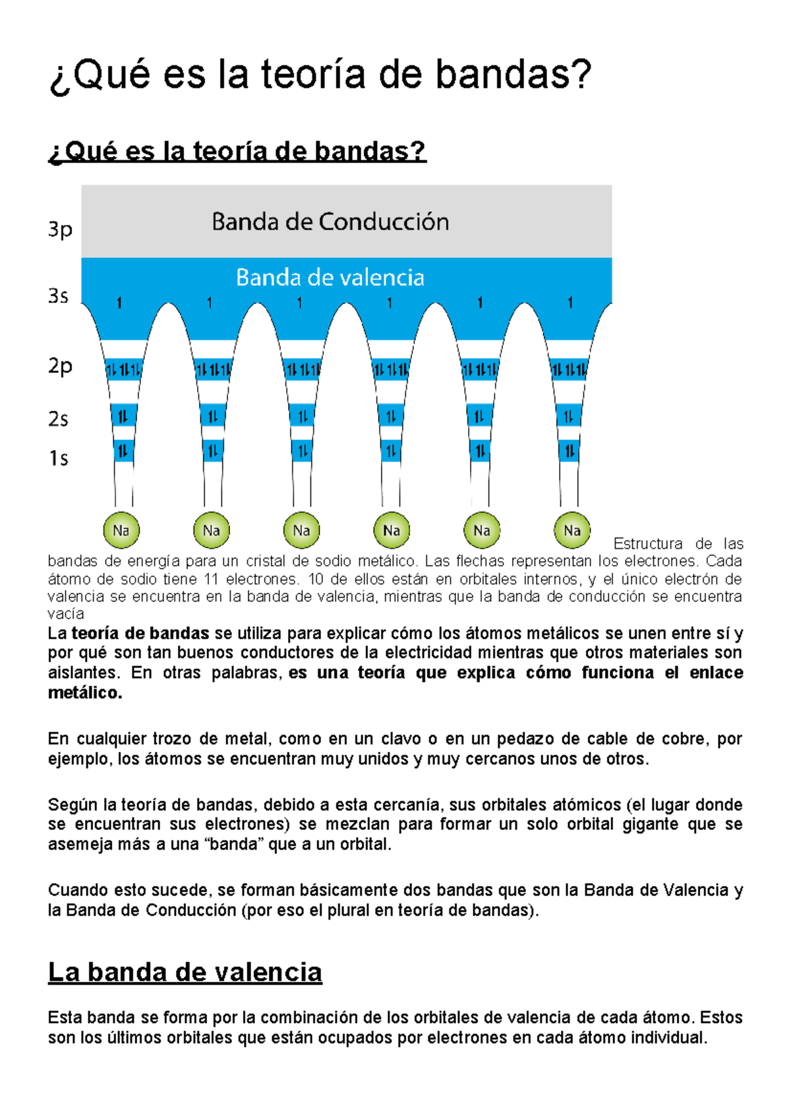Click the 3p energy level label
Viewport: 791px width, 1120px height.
tap(60, 230)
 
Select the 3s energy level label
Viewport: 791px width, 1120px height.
tap(58, 296)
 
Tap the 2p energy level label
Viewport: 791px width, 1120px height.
tap(60, 366)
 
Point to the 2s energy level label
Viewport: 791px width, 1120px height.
tap(58, 419)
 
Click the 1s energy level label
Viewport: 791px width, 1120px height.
tap(58, 458)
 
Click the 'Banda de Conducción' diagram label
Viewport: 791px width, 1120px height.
tap(330, 222)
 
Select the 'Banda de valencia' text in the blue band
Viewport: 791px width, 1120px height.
tap(330, 278)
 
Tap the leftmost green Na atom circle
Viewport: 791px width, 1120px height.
tap(121, 530)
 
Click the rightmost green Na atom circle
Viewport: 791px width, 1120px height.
tap(571, 530)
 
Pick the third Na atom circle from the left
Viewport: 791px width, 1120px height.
tap(301, 530)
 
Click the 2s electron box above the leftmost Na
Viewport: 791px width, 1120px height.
tap(123, 416)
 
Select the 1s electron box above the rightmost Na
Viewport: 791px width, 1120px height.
tap(569, 452)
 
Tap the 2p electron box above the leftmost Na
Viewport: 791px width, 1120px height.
tap(123, 369)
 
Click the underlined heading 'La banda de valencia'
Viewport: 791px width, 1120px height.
tap(185, 972)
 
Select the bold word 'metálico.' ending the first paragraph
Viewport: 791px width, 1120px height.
tap(85, 693)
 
